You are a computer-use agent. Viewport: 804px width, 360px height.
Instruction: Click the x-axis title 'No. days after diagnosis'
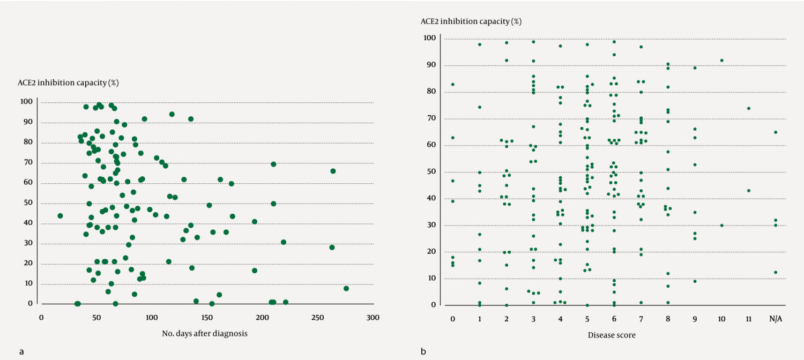pyautogui.click(x=204, y=333)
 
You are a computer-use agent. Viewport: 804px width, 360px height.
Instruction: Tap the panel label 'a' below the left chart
pyautogui.click(x=21, y=352)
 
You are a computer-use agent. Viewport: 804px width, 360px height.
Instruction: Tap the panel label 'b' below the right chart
pyautogui.click(x=423, y=352)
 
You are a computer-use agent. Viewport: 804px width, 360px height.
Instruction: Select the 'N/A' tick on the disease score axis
pyautogui.click(x=775, y=319)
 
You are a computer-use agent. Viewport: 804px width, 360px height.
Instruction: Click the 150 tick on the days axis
pyautogui.click(x=207, y=317)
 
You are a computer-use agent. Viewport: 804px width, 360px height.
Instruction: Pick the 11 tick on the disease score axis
pyautogui.click(x=748, y=319)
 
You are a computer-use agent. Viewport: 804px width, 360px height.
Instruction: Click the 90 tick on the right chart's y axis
pyautogui.click(x=430, y=65)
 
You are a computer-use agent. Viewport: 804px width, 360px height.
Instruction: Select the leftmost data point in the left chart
pyautogui.click(x=60, y=216)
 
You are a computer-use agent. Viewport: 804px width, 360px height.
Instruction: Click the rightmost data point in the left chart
pyautogui.click(x=346, y=288)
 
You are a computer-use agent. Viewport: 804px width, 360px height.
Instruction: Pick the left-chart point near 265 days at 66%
pyautogui.click(x=333, y=171)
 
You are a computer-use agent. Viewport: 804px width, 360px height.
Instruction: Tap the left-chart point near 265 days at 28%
pyautogui.click(x=332, y=247)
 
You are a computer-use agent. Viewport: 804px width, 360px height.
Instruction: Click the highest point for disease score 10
pyautogui.click(x=721, y=61)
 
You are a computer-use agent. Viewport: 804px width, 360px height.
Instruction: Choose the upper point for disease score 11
pyautogui.click(x=748, y=108)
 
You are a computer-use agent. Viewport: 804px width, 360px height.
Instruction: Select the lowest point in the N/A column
pyautogui.click(x=775, y=272)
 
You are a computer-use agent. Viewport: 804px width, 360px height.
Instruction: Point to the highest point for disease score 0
pyautogui.click(x=453, y=84)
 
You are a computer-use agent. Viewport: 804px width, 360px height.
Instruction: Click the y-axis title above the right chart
pyautogui.click(x=464, y=21)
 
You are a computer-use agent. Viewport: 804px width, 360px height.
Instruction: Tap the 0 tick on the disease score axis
pyautogui.click(x=453, y=319)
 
